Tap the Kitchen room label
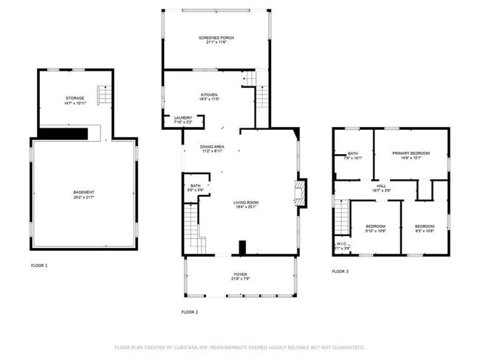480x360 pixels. [209, 94]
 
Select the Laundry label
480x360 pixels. [182, 118]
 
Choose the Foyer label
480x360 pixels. [241, 274]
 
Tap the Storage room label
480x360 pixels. [74, 98]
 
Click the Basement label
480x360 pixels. [83, 193]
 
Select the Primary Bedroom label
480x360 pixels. [411, 153]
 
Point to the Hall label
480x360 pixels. [382, 186]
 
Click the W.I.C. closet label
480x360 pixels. [342, 243]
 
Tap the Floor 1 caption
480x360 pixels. [39, 265]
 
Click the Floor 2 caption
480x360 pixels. [190, 312]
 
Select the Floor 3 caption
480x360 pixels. [340, 271]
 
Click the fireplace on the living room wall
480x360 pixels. [300, 193]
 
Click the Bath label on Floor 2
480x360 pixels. [195, 186]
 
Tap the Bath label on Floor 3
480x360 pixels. [353, 153]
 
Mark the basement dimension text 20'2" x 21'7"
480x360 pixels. [83, 198]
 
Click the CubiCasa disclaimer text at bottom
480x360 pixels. [239, 347]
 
